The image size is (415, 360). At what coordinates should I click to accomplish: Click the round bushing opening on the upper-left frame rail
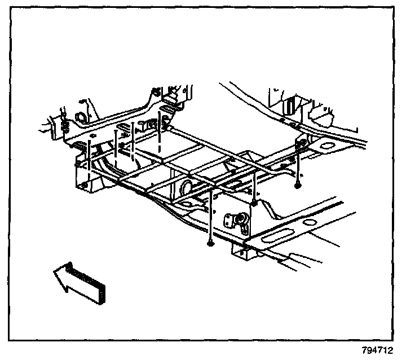click(80, 118)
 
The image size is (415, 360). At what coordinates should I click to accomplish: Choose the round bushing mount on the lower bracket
click(239, 219)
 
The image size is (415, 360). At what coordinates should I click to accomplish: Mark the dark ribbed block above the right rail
click(289, 104)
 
